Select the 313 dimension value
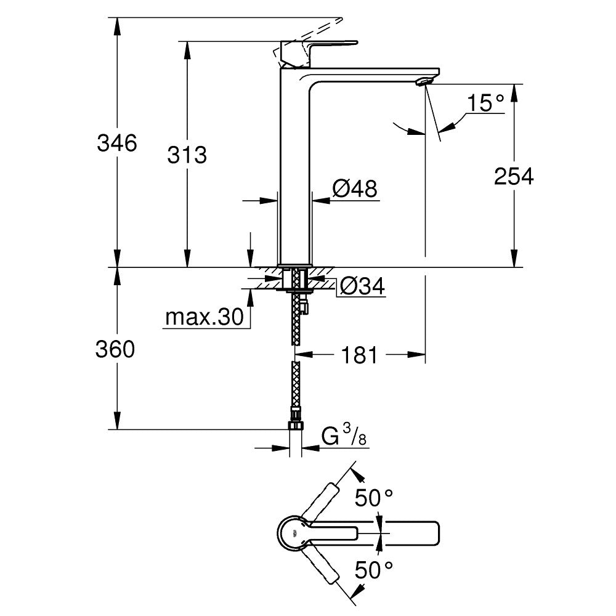click(x=187, y=155)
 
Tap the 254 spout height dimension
click(x=514, y=177)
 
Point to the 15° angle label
click(x=485, y=103)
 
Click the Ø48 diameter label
click(x=355, y=189)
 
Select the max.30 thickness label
click(x=204, y=318)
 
